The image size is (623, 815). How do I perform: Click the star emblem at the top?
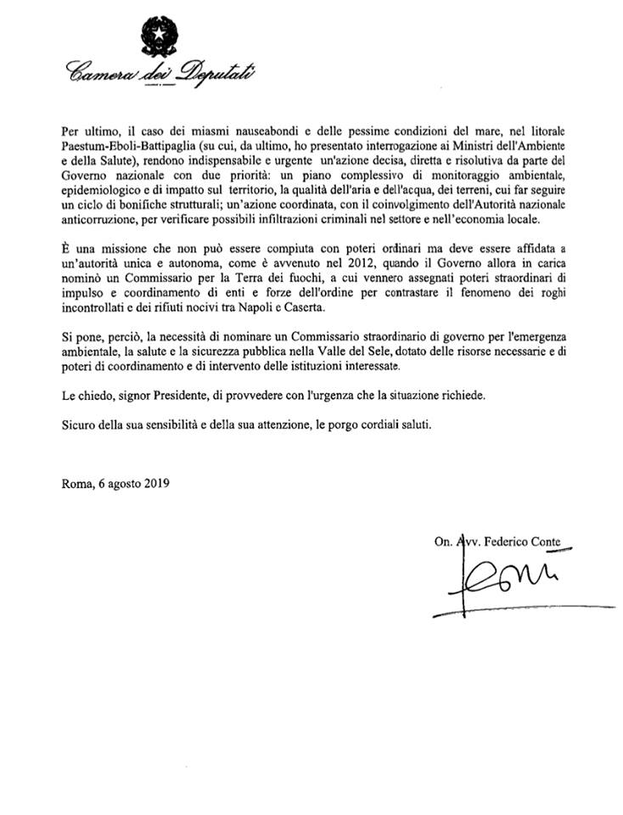tap(157, 35)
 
